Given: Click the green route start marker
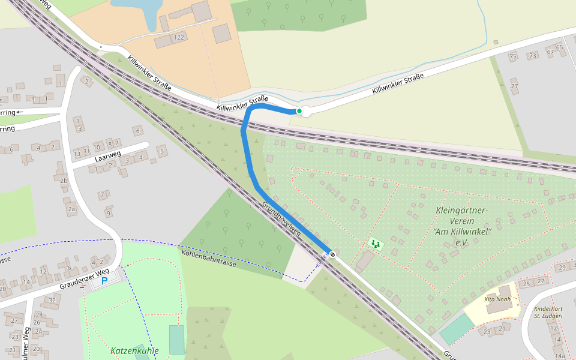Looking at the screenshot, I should click(299, 111).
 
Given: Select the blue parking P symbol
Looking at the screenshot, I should click(104, 280).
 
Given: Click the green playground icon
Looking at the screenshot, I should click(376, 244).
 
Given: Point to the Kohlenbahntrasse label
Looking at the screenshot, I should click(209, 259).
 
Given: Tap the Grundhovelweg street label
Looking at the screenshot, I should click(280, 219).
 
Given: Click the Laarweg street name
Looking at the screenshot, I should click(108, 159).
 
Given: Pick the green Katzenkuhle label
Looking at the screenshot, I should click(134, 350).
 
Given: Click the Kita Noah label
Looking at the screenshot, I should click(497, 298).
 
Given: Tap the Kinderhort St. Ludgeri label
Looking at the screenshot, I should click(548, 312).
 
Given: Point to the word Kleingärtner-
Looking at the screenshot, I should click(463, 210).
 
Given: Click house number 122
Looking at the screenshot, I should click(178, 38).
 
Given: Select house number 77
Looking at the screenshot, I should click(514, 86).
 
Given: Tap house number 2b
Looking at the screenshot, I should click(64, 181).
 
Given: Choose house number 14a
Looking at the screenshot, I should click(560, 356).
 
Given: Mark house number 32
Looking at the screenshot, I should click(52, 301).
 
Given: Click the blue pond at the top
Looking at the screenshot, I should click(137, 8).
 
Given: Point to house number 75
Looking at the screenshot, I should click(512, 56).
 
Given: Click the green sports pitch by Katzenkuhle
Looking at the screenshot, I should click(177, 339).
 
